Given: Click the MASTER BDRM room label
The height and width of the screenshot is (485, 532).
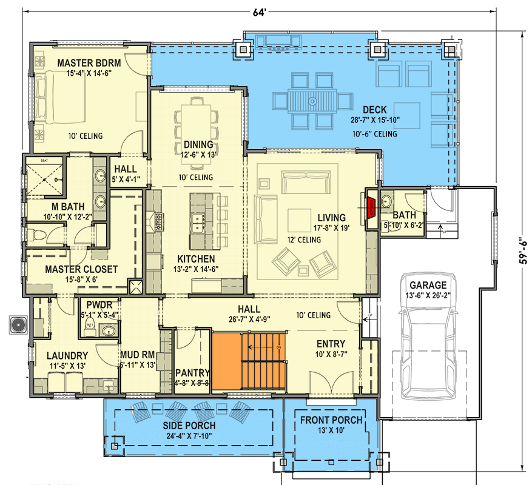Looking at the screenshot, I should coord(89,63).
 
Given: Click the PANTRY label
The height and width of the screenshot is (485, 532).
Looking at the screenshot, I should coord(192,373).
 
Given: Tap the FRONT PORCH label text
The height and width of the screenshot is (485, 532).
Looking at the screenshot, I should coord(331,420).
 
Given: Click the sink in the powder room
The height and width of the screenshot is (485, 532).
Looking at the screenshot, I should coord(108,330).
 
